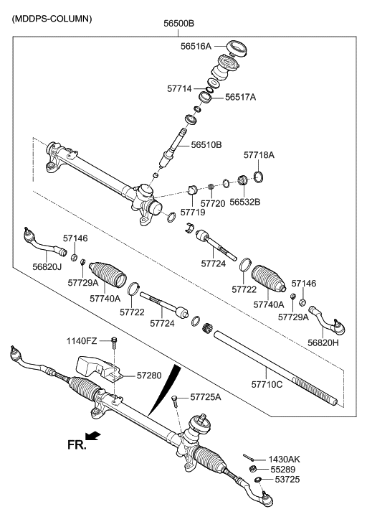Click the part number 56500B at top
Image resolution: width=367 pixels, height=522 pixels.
pos(178,23)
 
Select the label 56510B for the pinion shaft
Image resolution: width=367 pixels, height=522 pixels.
pos(206,145)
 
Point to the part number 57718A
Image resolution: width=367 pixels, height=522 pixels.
pos(259,155)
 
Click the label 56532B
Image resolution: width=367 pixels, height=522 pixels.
pos(244,202)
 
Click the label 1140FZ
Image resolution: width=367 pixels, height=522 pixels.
pos(82,340)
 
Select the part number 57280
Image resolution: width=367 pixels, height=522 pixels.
pos(149,375)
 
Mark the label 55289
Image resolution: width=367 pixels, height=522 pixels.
pos(282,469)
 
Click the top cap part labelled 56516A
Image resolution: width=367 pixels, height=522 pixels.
pos(236,49)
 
